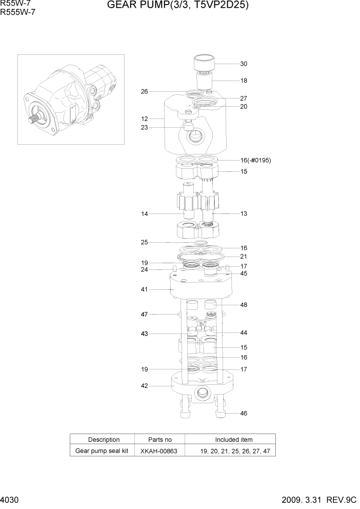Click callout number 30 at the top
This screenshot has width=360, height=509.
[244, 64]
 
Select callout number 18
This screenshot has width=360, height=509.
[244, 81]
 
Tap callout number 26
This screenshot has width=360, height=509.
[145, 92]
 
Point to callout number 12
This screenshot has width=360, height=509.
[145, 119]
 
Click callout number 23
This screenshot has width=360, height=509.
[145, 128]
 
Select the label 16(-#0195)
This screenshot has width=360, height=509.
[255, 161]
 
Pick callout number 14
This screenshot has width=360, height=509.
[145, 213]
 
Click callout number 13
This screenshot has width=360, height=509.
[244, 213]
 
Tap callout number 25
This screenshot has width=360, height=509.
[145, 242]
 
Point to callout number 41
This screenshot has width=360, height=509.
[145, 289]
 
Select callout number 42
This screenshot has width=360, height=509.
[145, 386]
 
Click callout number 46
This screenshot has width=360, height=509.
[244, 413]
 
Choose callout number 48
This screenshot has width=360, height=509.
[244, 305]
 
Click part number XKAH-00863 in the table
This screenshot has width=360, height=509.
[159, 451]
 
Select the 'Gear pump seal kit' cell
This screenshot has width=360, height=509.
[102, 451]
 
